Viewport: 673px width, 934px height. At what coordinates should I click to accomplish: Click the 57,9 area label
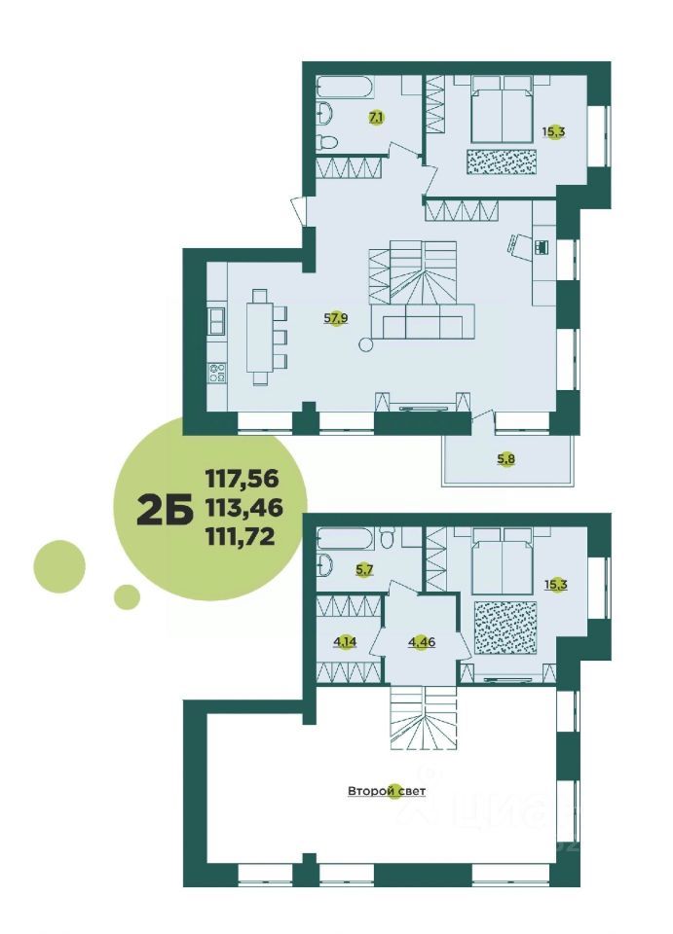pos(335,317)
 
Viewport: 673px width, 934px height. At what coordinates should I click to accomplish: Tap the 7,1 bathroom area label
pos(376,118)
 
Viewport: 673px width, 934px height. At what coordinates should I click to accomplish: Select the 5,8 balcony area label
pos(505,459)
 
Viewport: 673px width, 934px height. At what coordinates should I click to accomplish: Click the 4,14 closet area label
pos(344,642)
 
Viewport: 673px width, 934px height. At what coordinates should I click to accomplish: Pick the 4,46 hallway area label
pos(421,642)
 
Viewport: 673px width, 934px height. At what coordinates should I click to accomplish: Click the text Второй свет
pos(387,792)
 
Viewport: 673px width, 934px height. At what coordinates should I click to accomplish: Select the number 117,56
pos(242,478)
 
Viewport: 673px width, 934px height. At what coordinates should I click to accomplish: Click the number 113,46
pos(242,506)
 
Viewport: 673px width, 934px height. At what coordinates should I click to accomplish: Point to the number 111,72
pos(242,534)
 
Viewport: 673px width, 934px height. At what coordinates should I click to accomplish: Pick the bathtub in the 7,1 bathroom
pos(344,87)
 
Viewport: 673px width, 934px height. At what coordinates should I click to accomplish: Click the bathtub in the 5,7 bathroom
pos(344,537)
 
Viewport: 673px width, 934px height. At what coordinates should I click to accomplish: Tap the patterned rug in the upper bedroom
pos(501,162)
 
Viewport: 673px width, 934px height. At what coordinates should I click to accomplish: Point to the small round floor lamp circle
pos(366,343)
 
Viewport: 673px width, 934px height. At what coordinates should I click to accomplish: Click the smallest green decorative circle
pos(127,595)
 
